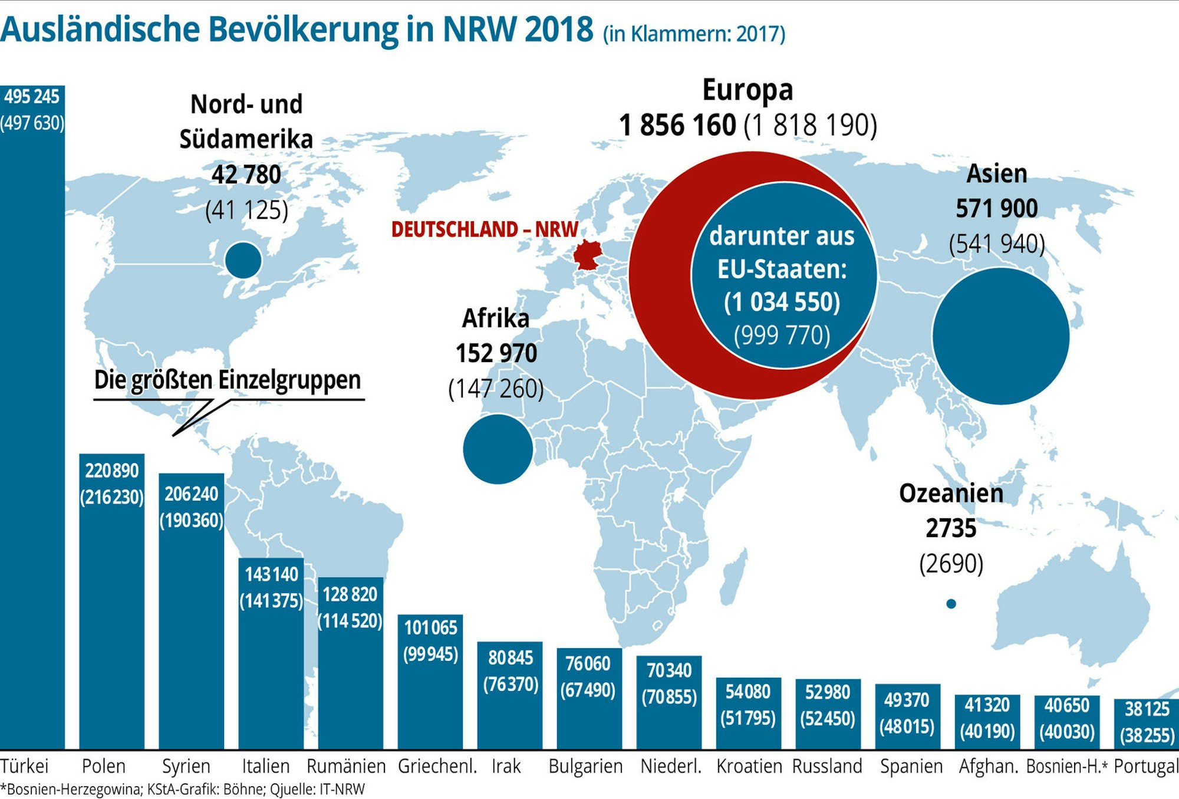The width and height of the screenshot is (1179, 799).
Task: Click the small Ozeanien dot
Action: tap(951, 604)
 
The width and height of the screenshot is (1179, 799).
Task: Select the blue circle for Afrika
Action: tap(498, 449)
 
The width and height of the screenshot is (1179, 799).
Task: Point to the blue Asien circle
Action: tap(1000, 336)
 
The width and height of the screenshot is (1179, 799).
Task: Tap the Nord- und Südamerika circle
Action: tap(243, 260)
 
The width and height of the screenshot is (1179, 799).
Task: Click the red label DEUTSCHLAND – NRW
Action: tap(485, 229)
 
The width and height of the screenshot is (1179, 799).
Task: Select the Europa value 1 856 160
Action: tap(677, 126)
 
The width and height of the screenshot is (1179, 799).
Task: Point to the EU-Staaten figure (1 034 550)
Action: tap(782, 302)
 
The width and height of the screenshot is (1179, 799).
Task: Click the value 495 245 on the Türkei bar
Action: tap(32, 97)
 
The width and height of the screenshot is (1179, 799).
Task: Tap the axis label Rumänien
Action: tap(346, 767)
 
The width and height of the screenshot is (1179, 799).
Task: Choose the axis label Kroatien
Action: tap(749, 767)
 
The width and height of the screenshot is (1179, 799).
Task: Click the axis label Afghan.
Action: tap(988, 767)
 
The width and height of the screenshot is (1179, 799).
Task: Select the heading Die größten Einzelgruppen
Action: tap(228, 380)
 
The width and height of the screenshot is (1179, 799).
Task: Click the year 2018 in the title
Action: tap(559, 29)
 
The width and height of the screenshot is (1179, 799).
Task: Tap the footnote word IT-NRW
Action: tap(342, 790)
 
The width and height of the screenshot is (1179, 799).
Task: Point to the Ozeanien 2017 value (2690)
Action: tap(951, 564)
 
